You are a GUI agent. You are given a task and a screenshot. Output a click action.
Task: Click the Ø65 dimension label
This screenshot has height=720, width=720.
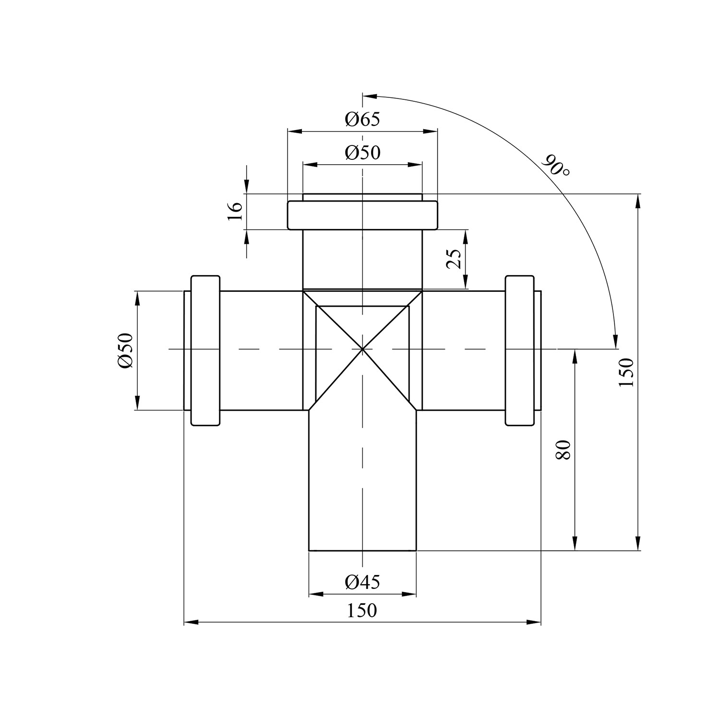click(362, 119)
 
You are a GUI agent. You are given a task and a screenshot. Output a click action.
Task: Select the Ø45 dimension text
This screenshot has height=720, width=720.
click(362, 582)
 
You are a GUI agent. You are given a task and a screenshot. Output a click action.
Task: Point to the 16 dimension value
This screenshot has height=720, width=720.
click(235, 211)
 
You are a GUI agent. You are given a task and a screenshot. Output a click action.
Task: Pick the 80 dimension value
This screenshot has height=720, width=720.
click(564, 450)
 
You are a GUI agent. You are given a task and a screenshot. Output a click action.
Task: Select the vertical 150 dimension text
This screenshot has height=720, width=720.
click(626, 372)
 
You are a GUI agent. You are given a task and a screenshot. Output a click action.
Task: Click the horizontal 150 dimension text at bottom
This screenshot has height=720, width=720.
click(362, 611)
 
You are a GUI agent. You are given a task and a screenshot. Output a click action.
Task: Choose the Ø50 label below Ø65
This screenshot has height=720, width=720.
click(362, 153)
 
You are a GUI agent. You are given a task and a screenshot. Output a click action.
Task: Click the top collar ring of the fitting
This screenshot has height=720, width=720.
click(362, 215)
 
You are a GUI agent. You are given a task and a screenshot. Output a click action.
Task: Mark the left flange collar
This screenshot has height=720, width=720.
click(205, 350)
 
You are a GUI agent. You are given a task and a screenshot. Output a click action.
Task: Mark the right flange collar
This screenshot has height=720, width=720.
click(520, 350)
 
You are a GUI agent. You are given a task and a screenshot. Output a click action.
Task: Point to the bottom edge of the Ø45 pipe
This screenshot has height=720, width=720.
click(362, 551)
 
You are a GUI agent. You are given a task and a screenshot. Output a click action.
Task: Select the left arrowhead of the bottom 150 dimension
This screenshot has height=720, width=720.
click(191, 623)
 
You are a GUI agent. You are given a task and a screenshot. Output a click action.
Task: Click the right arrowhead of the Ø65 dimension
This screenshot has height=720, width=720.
click(431, 131)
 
